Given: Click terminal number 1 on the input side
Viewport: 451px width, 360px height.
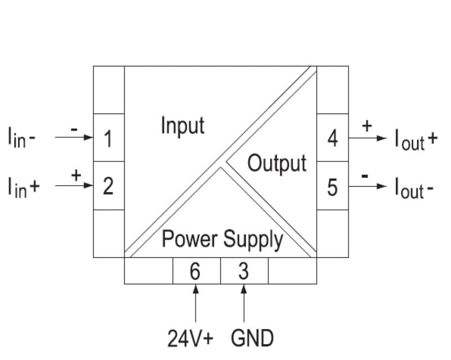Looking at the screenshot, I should click(x=108, y=138).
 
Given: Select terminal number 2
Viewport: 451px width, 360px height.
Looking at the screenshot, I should click(x=108, y=186).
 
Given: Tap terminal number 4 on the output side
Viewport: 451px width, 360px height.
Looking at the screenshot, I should click(x=333, y=138).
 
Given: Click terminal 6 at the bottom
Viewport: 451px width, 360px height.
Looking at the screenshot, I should click(x=195, y=271).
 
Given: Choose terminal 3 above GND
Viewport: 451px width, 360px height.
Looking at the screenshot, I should click(x=244, y=271).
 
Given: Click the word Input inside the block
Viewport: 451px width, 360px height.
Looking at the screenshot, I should click(x=182, y=125).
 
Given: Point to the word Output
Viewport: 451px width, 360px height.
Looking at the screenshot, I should click(x=277, y=164).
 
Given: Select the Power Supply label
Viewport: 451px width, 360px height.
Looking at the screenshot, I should click(x=222, y=239).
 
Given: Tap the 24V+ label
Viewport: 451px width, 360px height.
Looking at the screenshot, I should click(x=191, y=339).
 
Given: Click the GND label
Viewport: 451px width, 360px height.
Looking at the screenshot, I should click(x=252, y=339).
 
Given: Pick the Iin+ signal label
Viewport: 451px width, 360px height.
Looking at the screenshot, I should click(x=23, y=187).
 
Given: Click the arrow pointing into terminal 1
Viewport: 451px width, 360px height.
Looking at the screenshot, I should click(x=73, y=137).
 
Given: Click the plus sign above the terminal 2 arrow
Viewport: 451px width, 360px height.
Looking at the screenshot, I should click(x=76, y=175).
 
